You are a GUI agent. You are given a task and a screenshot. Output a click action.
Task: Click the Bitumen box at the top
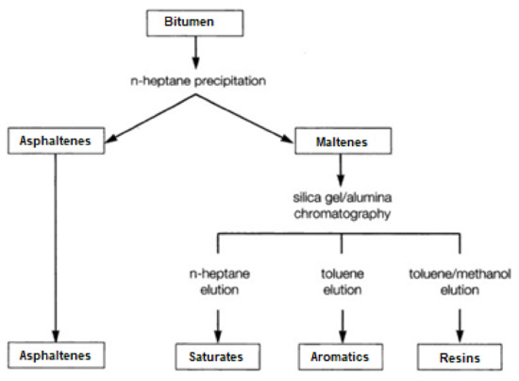coord(196,21)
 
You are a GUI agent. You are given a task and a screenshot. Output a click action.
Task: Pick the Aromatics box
coord(343,357)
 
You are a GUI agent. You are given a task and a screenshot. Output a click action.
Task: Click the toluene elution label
coord(343,283)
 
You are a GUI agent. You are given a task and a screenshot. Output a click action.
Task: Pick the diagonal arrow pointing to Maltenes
coord(255,114)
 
